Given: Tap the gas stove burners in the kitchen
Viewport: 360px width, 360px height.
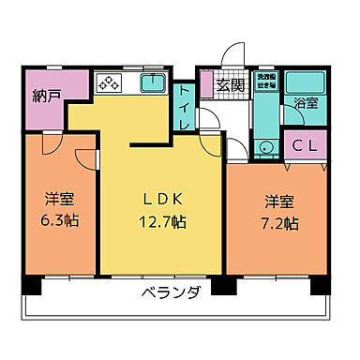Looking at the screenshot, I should pyautogui.click(x=106, y=83).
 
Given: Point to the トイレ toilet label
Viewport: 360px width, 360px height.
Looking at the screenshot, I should pyautogui.click(x=184, y=96).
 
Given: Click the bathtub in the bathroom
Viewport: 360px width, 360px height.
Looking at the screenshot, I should pyautogui.click(x=306, y=82).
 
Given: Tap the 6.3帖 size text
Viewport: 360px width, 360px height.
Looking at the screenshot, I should pyautogui.click(x=59, y=222).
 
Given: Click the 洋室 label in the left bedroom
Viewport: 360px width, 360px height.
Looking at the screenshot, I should pyautogui.click(x=59, y=199).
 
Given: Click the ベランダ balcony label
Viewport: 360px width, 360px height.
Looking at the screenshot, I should pyautogui.click(x=171, y=293).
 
